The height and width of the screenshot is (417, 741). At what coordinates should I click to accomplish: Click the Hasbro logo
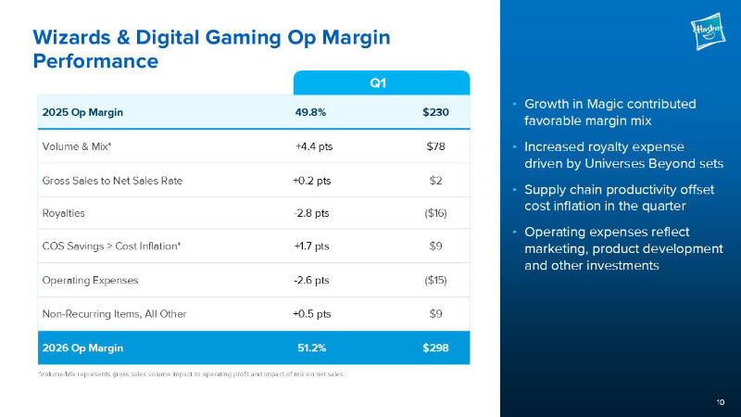[x=708, y=32]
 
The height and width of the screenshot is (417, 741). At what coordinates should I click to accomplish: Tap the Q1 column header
[x=378, y=83]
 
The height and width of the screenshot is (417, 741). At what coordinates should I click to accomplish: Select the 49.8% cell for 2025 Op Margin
[x=310, y=112]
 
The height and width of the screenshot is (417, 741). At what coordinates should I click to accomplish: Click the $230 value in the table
[x=435, y=112]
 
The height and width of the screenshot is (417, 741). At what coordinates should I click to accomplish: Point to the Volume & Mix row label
[x=77, y=146]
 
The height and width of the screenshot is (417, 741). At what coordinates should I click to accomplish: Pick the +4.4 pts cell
[x=314, y=146]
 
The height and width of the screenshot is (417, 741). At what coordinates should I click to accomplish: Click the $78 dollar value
[x=435, y=146]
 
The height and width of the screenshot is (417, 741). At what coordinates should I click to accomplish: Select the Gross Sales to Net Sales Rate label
[x=112, y=181]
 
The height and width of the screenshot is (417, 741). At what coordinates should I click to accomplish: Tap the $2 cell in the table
[x=435, y=181]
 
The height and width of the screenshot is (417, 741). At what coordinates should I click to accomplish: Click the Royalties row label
[x=63, y=213]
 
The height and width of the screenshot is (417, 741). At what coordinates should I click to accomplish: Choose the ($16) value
[x=435, y=213]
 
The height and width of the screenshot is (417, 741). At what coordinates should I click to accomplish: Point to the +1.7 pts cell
[x=311, y=246]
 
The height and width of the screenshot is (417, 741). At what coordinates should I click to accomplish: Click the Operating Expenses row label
[x=90, y=281]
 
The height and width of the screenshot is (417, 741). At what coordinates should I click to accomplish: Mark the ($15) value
[x=435, y=281]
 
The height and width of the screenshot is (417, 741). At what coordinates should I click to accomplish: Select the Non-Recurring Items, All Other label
[x=114, y=314]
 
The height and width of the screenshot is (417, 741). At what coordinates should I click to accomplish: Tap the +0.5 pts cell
[x=312, y=314]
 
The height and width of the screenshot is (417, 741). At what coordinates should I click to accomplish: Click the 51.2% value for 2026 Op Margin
[x=312, y=348]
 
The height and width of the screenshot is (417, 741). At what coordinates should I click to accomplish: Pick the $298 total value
[x=435, y=348]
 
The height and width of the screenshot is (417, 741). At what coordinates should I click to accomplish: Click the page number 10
[x=721, y=402]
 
